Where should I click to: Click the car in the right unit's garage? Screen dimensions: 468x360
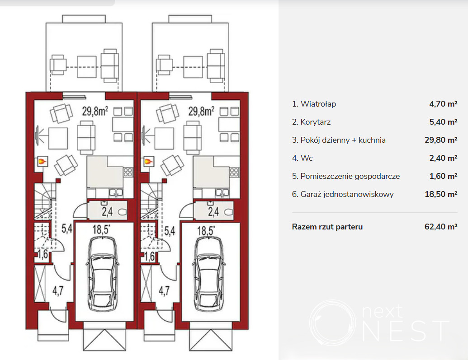[x=208, y=274]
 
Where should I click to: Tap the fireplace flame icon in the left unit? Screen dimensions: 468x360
[x=42, y=162]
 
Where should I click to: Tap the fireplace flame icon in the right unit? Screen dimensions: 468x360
[x=148, y=162]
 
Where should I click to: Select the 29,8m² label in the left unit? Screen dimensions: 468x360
[x=95, y=111]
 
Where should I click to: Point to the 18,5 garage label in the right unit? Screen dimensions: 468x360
[x=206, y=230]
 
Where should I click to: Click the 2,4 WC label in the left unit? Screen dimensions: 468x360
[x=107, y=211]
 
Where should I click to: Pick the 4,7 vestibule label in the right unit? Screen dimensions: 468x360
[x=164, y=290]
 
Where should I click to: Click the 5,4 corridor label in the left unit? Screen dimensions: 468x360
[x=67, y=229]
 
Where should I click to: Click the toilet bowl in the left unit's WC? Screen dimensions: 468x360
[x=123, y=212]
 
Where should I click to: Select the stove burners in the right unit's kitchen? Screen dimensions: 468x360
[x=234, y=172]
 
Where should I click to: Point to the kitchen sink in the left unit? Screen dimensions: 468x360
[x=115, y=193]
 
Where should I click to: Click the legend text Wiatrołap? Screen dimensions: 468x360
[x=318, y=104]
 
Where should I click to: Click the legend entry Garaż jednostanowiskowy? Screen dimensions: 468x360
[x=347, y=194]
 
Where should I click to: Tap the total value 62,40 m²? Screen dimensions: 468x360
[x=441, y=227]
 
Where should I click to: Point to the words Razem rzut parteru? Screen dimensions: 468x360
[x=327, y=227]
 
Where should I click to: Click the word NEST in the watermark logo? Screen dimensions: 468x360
[x=406, y=331]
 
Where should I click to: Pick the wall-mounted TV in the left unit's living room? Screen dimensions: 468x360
[x=38, y=136]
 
